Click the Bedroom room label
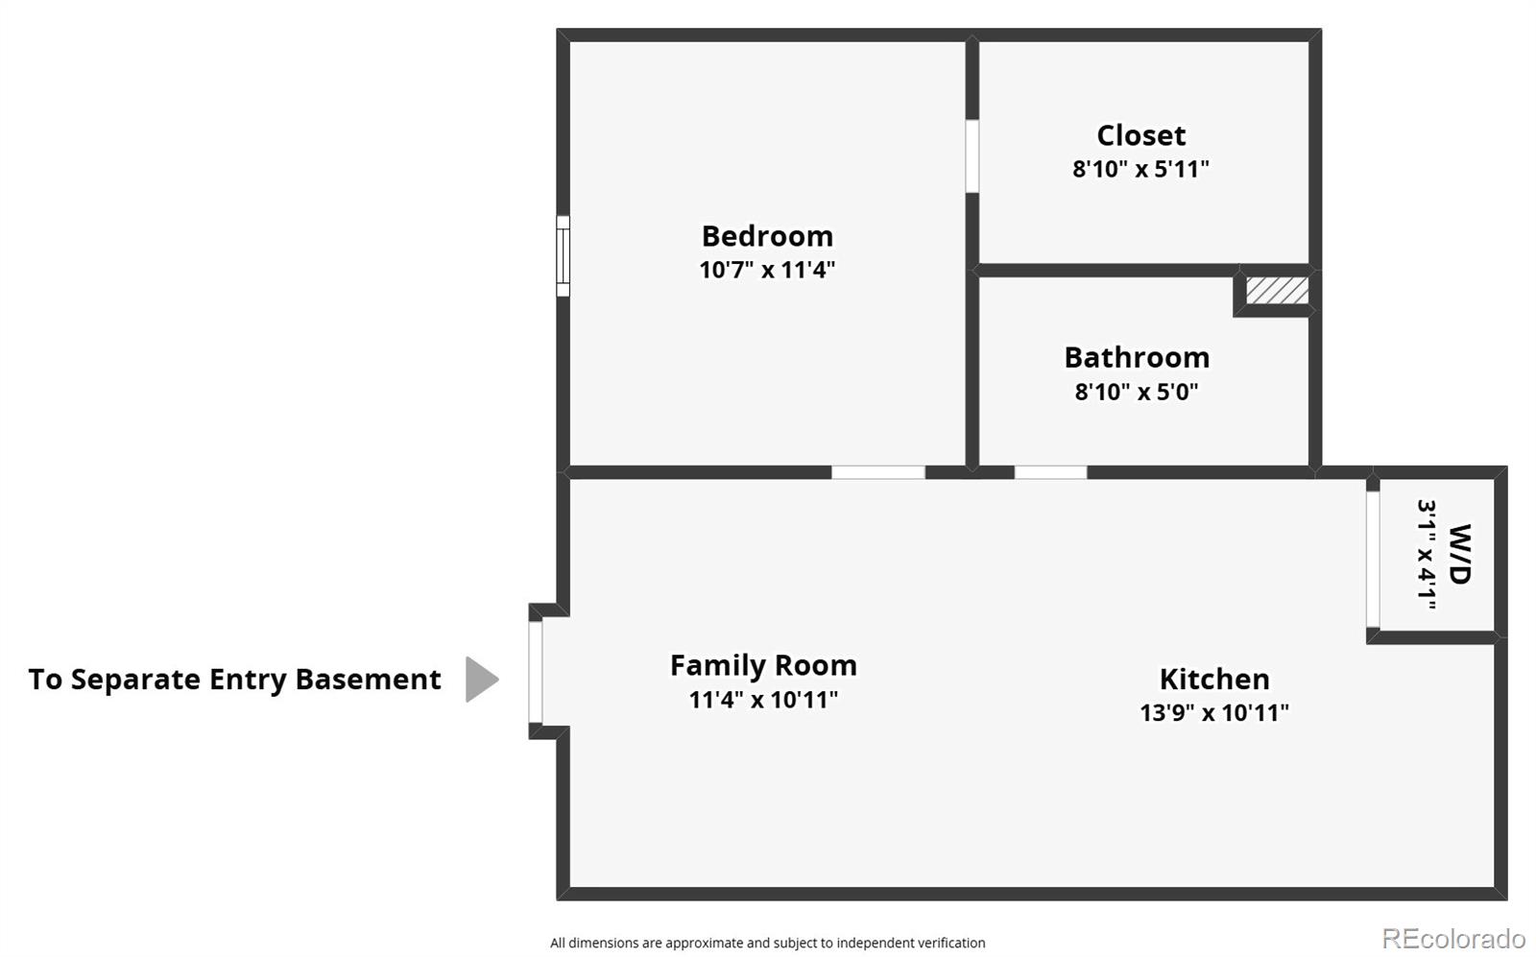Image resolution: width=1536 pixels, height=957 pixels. coord(767,236)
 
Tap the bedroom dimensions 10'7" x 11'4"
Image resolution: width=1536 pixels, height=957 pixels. coord(767,270)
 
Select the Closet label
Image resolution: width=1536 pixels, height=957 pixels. coord(1141,135)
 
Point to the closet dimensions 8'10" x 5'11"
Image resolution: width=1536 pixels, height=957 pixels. coord(1141,169)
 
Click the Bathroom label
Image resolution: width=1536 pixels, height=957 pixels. coord(1137,357)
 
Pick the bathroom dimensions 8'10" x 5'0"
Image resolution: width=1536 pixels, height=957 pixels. coord(1137,392)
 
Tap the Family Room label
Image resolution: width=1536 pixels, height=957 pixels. coord(763,665)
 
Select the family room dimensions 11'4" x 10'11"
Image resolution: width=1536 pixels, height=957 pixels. coord(763,699)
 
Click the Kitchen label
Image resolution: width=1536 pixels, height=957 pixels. coord(1214,680)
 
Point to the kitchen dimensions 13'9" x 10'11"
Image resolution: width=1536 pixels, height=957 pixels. coord(1214,713)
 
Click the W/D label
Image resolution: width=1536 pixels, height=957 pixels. coord(1460,554)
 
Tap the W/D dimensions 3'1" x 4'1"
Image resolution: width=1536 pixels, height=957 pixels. coord(1427,555)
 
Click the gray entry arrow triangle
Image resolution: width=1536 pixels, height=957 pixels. coord(482,680)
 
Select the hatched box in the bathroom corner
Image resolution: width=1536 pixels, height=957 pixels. coord(1277,291)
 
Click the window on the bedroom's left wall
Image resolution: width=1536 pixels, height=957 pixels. coord(563,256)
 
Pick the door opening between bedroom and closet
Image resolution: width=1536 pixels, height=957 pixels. coord(972,156)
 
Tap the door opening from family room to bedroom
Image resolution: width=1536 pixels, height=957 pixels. coord(878,472)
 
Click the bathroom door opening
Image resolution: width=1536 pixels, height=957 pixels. coord(1050,472)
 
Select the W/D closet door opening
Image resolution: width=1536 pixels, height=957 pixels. coord(1373,560)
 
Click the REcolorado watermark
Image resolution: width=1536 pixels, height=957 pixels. coord(1453,938)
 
